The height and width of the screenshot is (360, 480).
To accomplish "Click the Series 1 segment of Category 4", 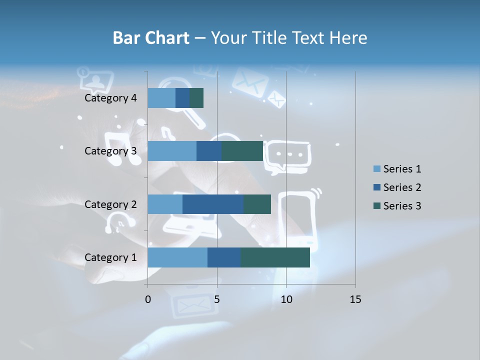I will pyautogui.click(x=161, y=98).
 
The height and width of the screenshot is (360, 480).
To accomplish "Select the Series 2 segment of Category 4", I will pyautogui.click(x=182, y=98).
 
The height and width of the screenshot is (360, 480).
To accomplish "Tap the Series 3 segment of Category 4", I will pyautogui.click(x=196, y=98).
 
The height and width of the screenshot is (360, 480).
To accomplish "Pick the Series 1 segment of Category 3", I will pyautogui.click(x=172, y=151).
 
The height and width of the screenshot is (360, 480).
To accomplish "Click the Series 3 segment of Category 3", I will pyautogui.click(x=242, y=151).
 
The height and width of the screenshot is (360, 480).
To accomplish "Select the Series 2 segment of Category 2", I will pyautogui.click(x=213, y=204).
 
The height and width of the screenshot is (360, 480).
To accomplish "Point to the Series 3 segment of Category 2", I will pyautogui.click(x=257, y=204).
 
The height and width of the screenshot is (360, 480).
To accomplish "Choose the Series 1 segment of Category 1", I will pyautogui.click(x=177, y=257).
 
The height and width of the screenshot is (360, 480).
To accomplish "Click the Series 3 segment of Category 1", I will pyautogui.click(x=275, y=257).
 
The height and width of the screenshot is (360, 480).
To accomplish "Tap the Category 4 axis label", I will pyautogui.click(x=110, y=98).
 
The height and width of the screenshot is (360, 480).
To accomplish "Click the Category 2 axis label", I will pyautogui.click(x=110, y=204).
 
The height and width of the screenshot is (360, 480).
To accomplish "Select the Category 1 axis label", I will pyautogui.click(x=110, y=257).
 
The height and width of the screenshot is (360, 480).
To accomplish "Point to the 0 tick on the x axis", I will pyautogui.click(x=147, y=299).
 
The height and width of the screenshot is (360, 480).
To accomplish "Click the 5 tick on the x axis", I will pyautogui.click(x=217, y=299).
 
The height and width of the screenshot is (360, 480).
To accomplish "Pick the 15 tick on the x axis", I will pyautogui.click(x=355, y=299).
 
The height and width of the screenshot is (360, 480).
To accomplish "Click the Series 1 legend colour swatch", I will pyautogui.click(x=376, y=169).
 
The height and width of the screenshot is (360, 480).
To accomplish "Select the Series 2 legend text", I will pyautogui.click(x=402, y=187).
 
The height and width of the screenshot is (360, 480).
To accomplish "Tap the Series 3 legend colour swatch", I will pyautogui.click(x=376, y=206).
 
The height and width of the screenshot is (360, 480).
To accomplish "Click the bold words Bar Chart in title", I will pyautogui.click(x=151, y=37).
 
